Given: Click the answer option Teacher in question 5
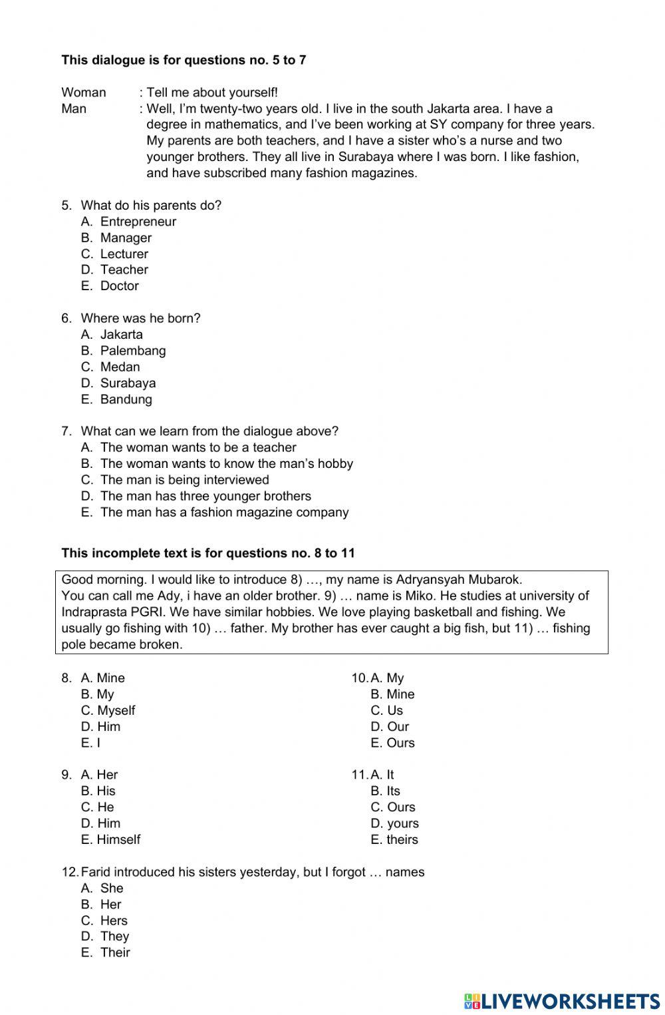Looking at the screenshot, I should [124, 270].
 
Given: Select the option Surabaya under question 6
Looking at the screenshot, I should [128, 383].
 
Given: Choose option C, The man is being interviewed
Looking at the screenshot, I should [184, 480].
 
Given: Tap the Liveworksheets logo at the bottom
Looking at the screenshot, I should [562, 1000].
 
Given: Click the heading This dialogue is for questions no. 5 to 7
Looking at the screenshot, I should [184, 60].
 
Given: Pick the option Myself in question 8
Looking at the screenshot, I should [116, 710].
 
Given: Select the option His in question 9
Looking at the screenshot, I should [106, 791].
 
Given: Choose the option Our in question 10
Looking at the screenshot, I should [398, 726].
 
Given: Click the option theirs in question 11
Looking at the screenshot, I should [402, 839].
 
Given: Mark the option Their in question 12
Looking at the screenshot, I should [115, 952].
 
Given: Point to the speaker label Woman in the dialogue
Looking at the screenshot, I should [84, 93].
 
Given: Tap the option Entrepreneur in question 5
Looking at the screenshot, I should [138, 222].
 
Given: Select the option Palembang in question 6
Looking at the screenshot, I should [132, 351].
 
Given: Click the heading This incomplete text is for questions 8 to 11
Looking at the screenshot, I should [208, 553].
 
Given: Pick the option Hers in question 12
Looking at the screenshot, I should [114, 920].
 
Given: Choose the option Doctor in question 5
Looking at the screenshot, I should [119, 286].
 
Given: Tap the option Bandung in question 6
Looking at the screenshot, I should [126, 399].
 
